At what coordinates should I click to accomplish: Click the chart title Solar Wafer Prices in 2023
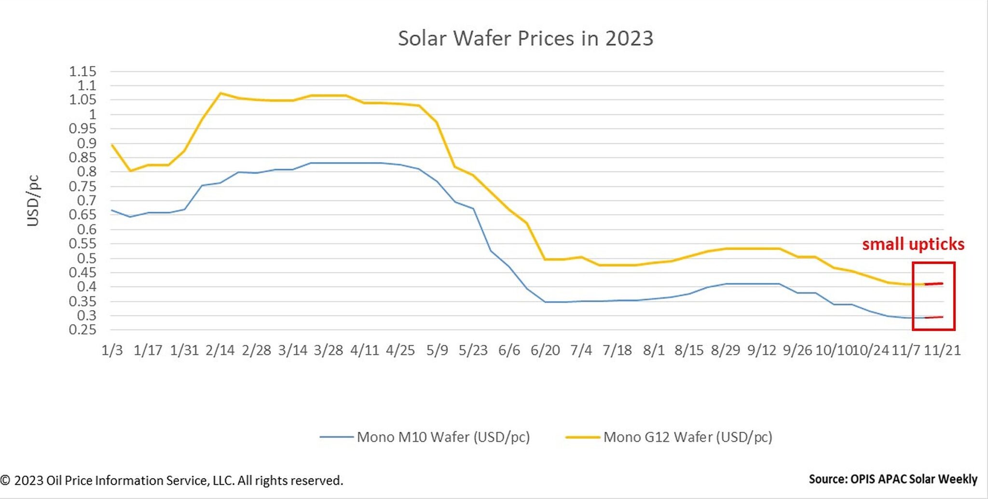[525, 39]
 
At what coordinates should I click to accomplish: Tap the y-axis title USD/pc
[33, 200]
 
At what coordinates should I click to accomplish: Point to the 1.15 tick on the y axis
[82, 72]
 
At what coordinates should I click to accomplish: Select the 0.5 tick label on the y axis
[86, 258]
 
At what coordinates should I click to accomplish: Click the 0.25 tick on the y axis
[82, 330]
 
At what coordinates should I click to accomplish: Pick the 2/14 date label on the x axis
[220, 350]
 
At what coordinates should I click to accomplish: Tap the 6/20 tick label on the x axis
[545, 350]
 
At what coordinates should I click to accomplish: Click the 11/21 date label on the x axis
[942, 350]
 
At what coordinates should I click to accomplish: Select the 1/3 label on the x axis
[112, 350]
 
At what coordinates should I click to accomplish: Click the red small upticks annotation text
[913, 244]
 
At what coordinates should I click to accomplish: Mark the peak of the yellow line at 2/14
[220, 93]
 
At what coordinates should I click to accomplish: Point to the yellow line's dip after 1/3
[130, 171]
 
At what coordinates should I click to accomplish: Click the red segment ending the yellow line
[934, 284]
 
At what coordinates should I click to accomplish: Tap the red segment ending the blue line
[934, 317]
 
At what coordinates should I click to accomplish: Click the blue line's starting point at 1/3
[112, 210]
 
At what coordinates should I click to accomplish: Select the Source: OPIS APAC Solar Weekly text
[892, 479]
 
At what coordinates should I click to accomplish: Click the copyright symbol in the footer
[5, 481]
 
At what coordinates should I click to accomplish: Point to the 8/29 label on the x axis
[726, 350]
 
